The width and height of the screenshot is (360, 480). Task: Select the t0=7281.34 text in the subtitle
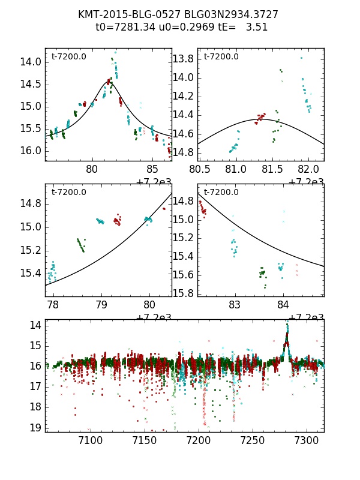[124, 27]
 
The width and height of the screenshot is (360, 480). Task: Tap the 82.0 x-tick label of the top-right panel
[308, 169]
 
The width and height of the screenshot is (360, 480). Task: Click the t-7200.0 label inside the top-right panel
[221, 57]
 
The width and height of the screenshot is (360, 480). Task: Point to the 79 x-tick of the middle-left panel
[101, 305]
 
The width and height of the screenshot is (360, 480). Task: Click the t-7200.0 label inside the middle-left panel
[68, 193]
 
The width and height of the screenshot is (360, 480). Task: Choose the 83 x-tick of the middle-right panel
[235, 305]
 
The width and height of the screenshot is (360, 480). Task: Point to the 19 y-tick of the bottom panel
[36, 427]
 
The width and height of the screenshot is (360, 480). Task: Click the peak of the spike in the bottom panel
[287, 323]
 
